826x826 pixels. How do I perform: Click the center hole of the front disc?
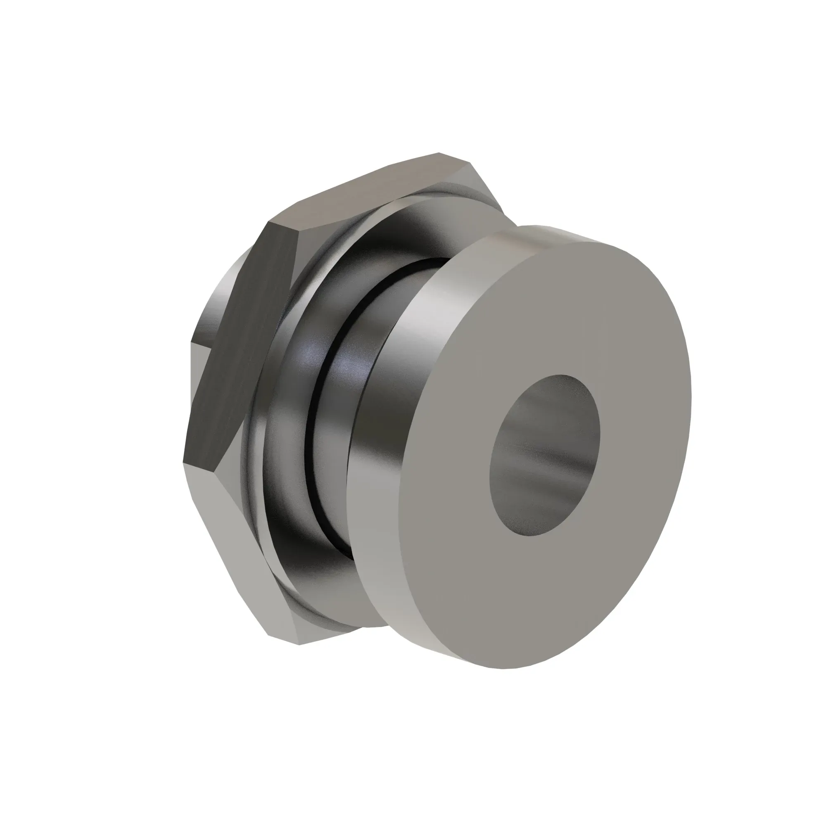pos(545,455)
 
